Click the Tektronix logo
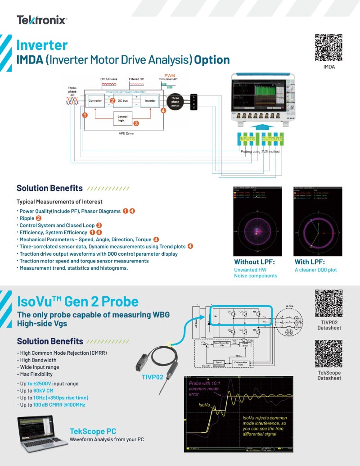pos(42,20)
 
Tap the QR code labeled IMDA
pos(328,47)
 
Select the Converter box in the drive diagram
pos(95,101)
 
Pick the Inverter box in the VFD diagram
pos(150,101)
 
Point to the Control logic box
pos(122,119)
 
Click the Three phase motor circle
pos(175,102)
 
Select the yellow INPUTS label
pos(247,139)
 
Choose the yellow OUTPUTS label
pos(272,139)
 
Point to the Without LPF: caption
pos(254,262)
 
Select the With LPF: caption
pos(310,262)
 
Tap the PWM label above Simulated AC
pos(170,75)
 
